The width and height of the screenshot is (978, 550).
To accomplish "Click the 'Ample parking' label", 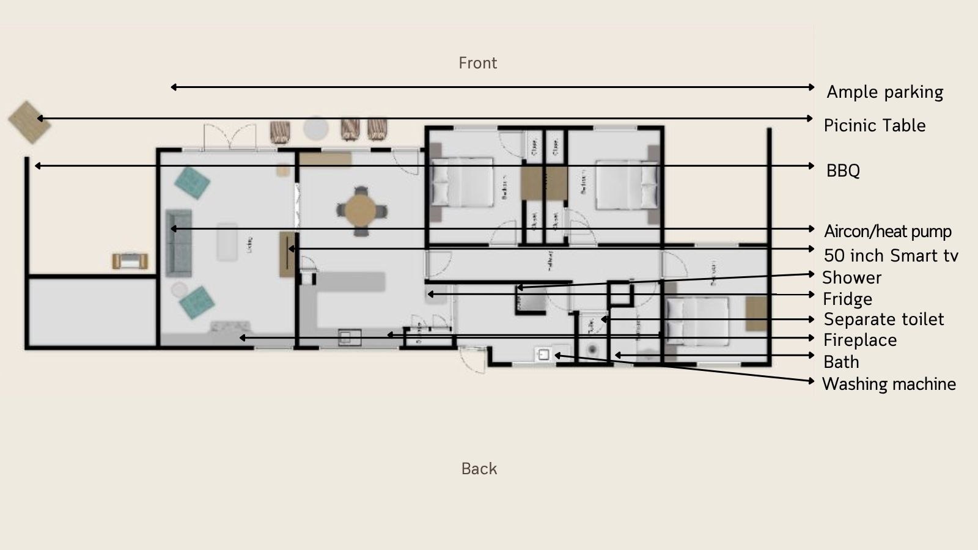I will tap(884, 92).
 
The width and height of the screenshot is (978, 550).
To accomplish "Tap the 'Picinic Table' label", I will tap(874, 126).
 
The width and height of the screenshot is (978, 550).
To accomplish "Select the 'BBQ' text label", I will tap(843, 170).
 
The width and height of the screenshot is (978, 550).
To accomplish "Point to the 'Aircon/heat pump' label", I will tap(888, 232).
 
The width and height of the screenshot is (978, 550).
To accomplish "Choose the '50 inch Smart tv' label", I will tap(891, 255).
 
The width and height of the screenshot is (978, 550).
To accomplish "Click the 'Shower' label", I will tap(851, 277).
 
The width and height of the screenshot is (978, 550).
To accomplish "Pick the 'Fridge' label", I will tap(847, 299).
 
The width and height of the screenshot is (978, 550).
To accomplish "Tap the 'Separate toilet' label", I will tap(883, 320).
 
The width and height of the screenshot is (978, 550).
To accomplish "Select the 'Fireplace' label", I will tap(860, 340).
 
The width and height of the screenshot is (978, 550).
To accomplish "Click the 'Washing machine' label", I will tap(889, 384).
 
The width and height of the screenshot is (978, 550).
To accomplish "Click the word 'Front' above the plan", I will tap(477, 63).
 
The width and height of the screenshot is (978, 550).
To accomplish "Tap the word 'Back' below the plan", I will tap(479, 469).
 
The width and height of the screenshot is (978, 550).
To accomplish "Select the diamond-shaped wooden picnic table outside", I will tap(29, 122).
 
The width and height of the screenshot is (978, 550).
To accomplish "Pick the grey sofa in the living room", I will tap(179, 242).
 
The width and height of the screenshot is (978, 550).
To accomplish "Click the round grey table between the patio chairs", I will tap(316, 128).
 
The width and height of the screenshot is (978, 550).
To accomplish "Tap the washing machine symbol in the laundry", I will tap(543, 355).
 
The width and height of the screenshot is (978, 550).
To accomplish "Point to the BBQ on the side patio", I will tap(130, 261).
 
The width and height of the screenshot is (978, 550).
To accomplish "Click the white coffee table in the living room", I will tap(227, 242).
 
